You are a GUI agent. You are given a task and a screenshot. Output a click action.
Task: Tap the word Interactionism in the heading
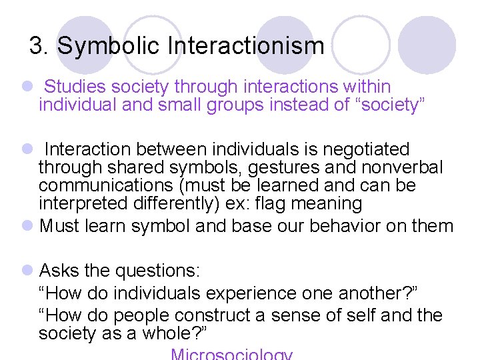point(246,47)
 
